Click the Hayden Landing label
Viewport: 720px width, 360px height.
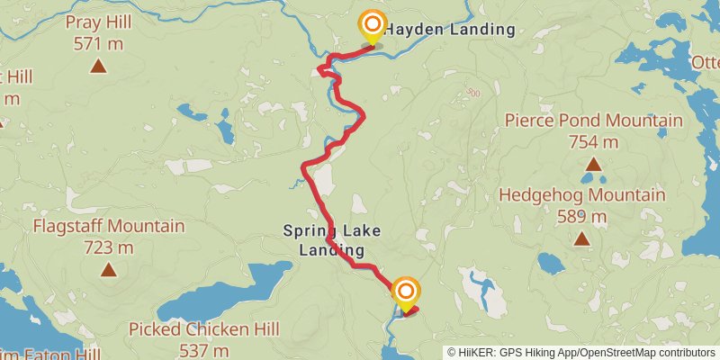pyautogui.click(x=451, y=30)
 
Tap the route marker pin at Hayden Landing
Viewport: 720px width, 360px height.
pyautogui.click(x=372, y=28)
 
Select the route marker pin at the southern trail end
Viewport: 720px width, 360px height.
pyautogui.click(x=406, y=292)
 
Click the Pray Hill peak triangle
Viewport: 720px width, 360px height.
pyautogui.click(x=97, y=65)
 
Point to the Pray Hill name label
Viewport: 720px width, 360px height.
pyautogui.click(x=97, y=22)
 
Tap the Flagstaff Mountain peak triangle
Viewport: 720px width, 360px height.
pyautogui.click(x=108, y=269)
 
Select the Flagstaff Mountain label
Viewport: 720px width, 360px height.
pyautogui.click(x=108, y=227)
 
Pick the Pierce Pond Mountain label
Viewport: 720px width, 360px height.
pyautogui.click(x=593, y=121)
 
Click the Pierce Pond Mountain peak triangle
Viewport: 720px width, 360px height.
pyautogui.click(x=593, y=164)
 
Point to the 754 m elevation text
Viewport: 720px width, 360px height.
pyautogui.click(x=593, y=141)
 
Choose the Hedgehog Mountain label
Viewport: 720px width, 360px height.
pyautogui.click(x=581, y=195)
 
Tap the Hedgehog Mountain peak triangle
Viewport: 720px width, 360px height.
pyautogui.click(x=581, y=238)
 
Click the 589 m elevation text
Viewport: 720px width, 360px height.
pyautogui.click(x=581, y=216)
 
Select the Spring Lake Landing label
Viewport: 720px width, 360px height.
pyautogui.click(x=331, y=240)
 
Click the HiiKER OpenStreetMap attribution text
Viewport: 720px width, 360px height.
pyautogui.click(x=581, y=353)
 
